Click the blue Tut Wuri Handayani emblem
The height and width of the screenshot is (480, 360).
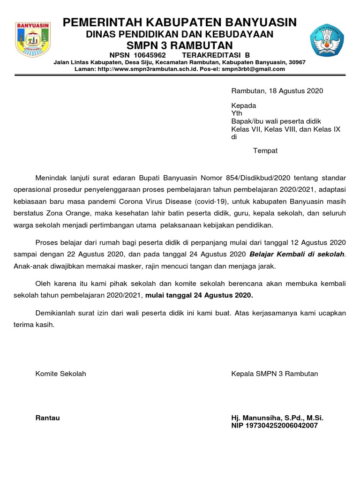tap(326, 40)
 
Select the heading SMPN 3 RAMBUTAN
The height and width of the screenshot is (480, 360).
tap(180, 45)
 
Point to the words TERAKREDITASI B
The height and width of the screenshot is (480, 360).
tap(210, 55)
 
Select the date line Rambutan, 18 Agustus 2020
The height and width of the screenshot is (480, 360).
tap(277, 91)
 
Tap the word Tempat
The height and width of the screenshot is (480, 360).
tap(265, 150)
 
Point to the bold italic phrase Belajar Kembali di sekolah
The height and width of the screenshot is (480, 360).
tap(297, 254)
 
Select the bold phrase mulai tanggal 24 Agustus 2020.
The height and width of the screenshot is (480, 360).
tap(199, 295)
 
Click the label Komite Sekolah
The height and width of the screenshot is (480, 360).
tap(61, 374)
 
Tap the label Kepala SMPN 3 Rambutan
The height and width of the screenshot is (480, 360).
tap(275, 374)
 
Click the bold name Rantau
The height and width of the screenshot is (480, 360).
tap(47, 418)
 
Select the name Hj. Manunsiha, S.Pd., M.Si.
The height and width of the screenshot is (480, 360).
tap(277, 418)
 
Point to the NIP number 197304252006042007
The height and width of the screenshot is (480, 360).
tap(275, 426)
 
